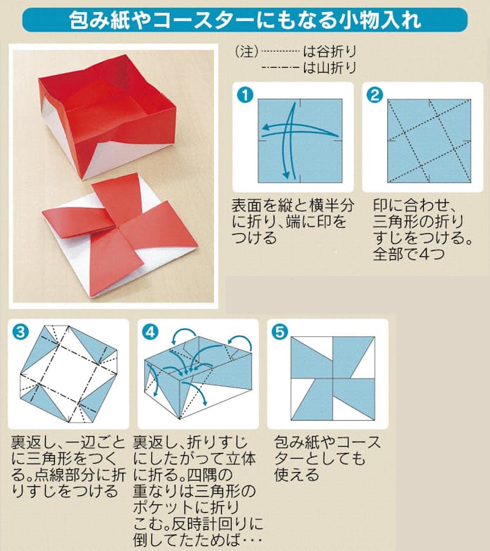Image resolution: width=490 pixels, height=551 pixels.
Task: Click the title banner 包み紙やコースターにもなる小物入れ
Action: [x=244, y=20]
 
